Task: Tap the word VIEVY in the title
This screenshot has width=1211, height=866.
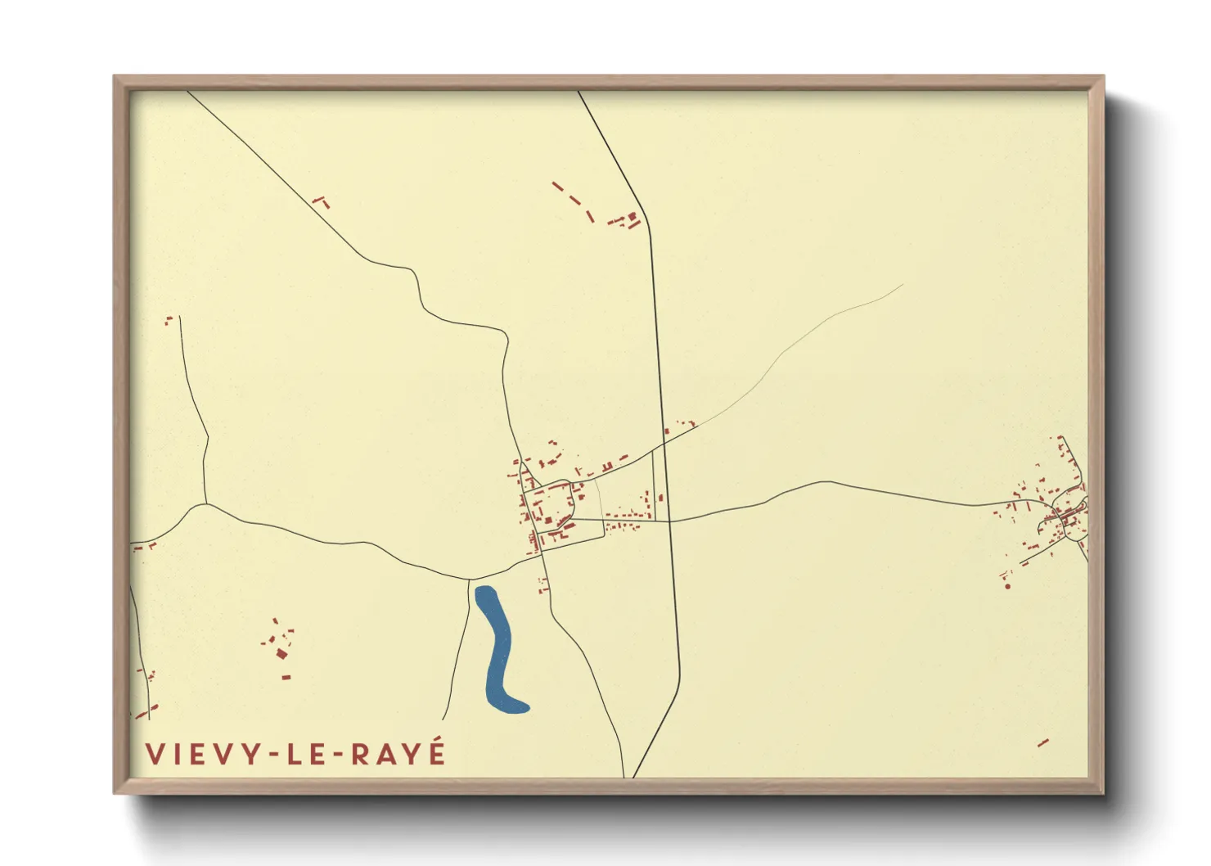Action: click(200, 754)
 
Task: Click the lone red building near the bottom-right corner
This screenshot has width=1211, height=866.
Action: click(1042, 743)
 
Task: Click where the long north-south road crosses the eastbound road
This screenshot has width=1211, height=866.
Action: click(669, 521)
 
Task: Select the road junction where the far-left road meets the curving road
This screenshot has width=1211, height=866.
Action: click(205, 503)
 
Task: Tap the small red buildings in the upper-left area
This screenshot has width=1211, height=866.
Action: click(321, 201)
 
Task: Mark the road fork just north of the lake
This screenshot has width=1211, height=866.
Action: click(470, 580)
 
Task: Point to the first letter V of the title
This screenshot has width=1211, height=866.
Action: click(154, 754)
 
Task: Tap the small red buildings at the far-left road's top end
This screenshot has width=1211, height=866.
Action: click(170, 320)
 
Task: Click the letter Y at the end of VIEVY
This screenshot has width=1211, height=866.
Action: click(251, 754)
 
